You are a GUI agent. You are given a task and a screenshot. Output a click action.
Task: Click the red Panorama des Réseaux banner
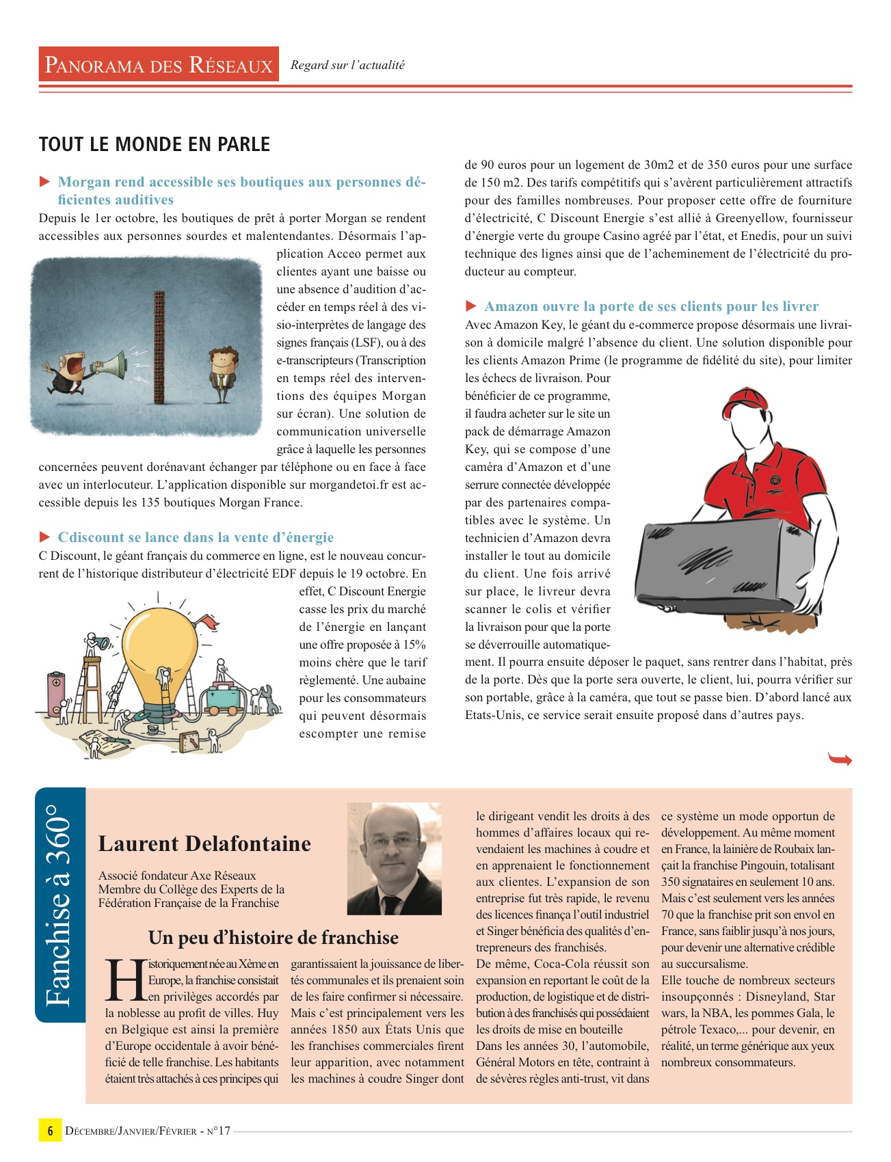159,64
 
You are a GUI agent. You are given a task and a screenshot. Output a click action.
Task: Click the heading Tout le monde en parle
155,144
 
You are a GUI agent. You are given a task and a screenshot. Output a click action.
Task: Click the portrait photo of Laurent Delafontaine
395,859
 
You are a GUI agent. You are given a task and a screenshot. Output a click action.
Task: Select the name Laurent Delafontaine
204,843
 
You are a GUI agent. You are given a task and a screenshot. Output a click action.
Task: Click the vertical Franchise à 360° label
59,905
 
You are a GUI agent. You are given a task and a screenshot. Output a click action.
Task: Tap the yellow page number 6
50,1131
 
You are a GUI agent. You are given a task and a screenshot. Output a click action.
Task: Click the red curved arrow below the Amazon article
840,759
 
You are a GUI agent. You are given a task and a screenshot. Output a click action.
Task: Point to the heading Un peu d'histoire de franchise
274,937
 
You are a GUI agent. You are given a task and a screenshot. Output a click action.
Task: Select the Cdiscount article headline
196,537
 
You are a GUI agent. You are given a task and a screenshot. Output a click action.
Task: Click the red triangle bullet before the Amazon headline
471,306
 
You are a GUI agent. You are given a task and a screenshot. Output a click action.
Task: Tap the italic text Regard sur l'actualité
347,65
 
